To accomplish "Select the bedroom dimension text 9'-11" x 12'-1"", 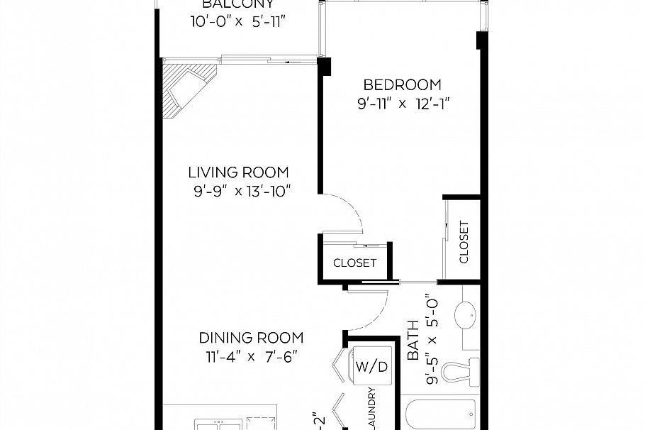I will (x=404, y=104).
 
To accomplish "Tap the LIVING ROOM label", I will (x=238, y=172).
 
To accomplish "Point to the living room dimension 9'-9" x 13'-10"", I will (x=240, y=191).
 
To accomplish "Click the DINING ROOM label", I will (x=251, y=338).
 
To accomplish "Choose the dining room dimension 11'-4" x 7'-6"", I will (x=247, y=357).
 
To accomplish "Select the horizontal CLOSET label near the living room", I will (x=354, y=263).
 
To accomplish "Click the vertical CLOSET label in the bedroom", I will (x=464, y=242).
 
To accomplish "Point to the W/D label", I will (x=371, y=367).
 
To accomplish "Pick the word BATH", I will (x=414, y=349).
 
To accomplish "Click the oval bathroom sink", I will (x=466, y=312).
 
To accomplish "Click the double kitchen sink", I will (x=218, y=424).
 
